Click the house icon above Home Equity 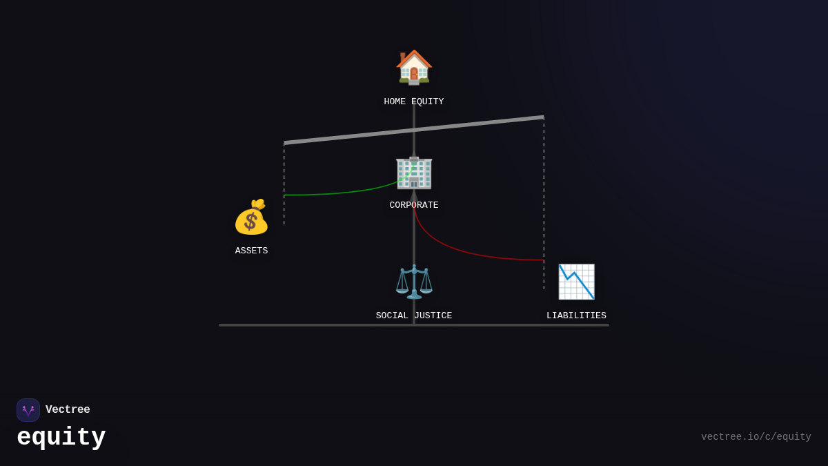[414, 67]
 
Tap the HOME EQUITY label [414, 101]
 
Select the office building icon [414, 171]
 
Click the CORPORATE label [414, 205]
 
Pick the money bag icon [251, 217]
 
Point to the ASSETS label [251, 251]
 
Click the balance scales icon [414, 281]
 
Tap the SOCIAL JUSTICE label [414, 315]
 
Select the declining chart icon [576, 282]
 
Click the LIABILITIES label [576, 315]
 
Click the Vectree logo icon [28, 410]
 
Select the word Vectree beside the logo [68, 410]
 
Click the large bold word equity [61, 438]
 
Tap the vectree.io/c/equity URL [756, 437]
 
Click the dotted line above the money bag [284, 173]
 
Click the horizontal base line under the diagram [310, 324]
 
